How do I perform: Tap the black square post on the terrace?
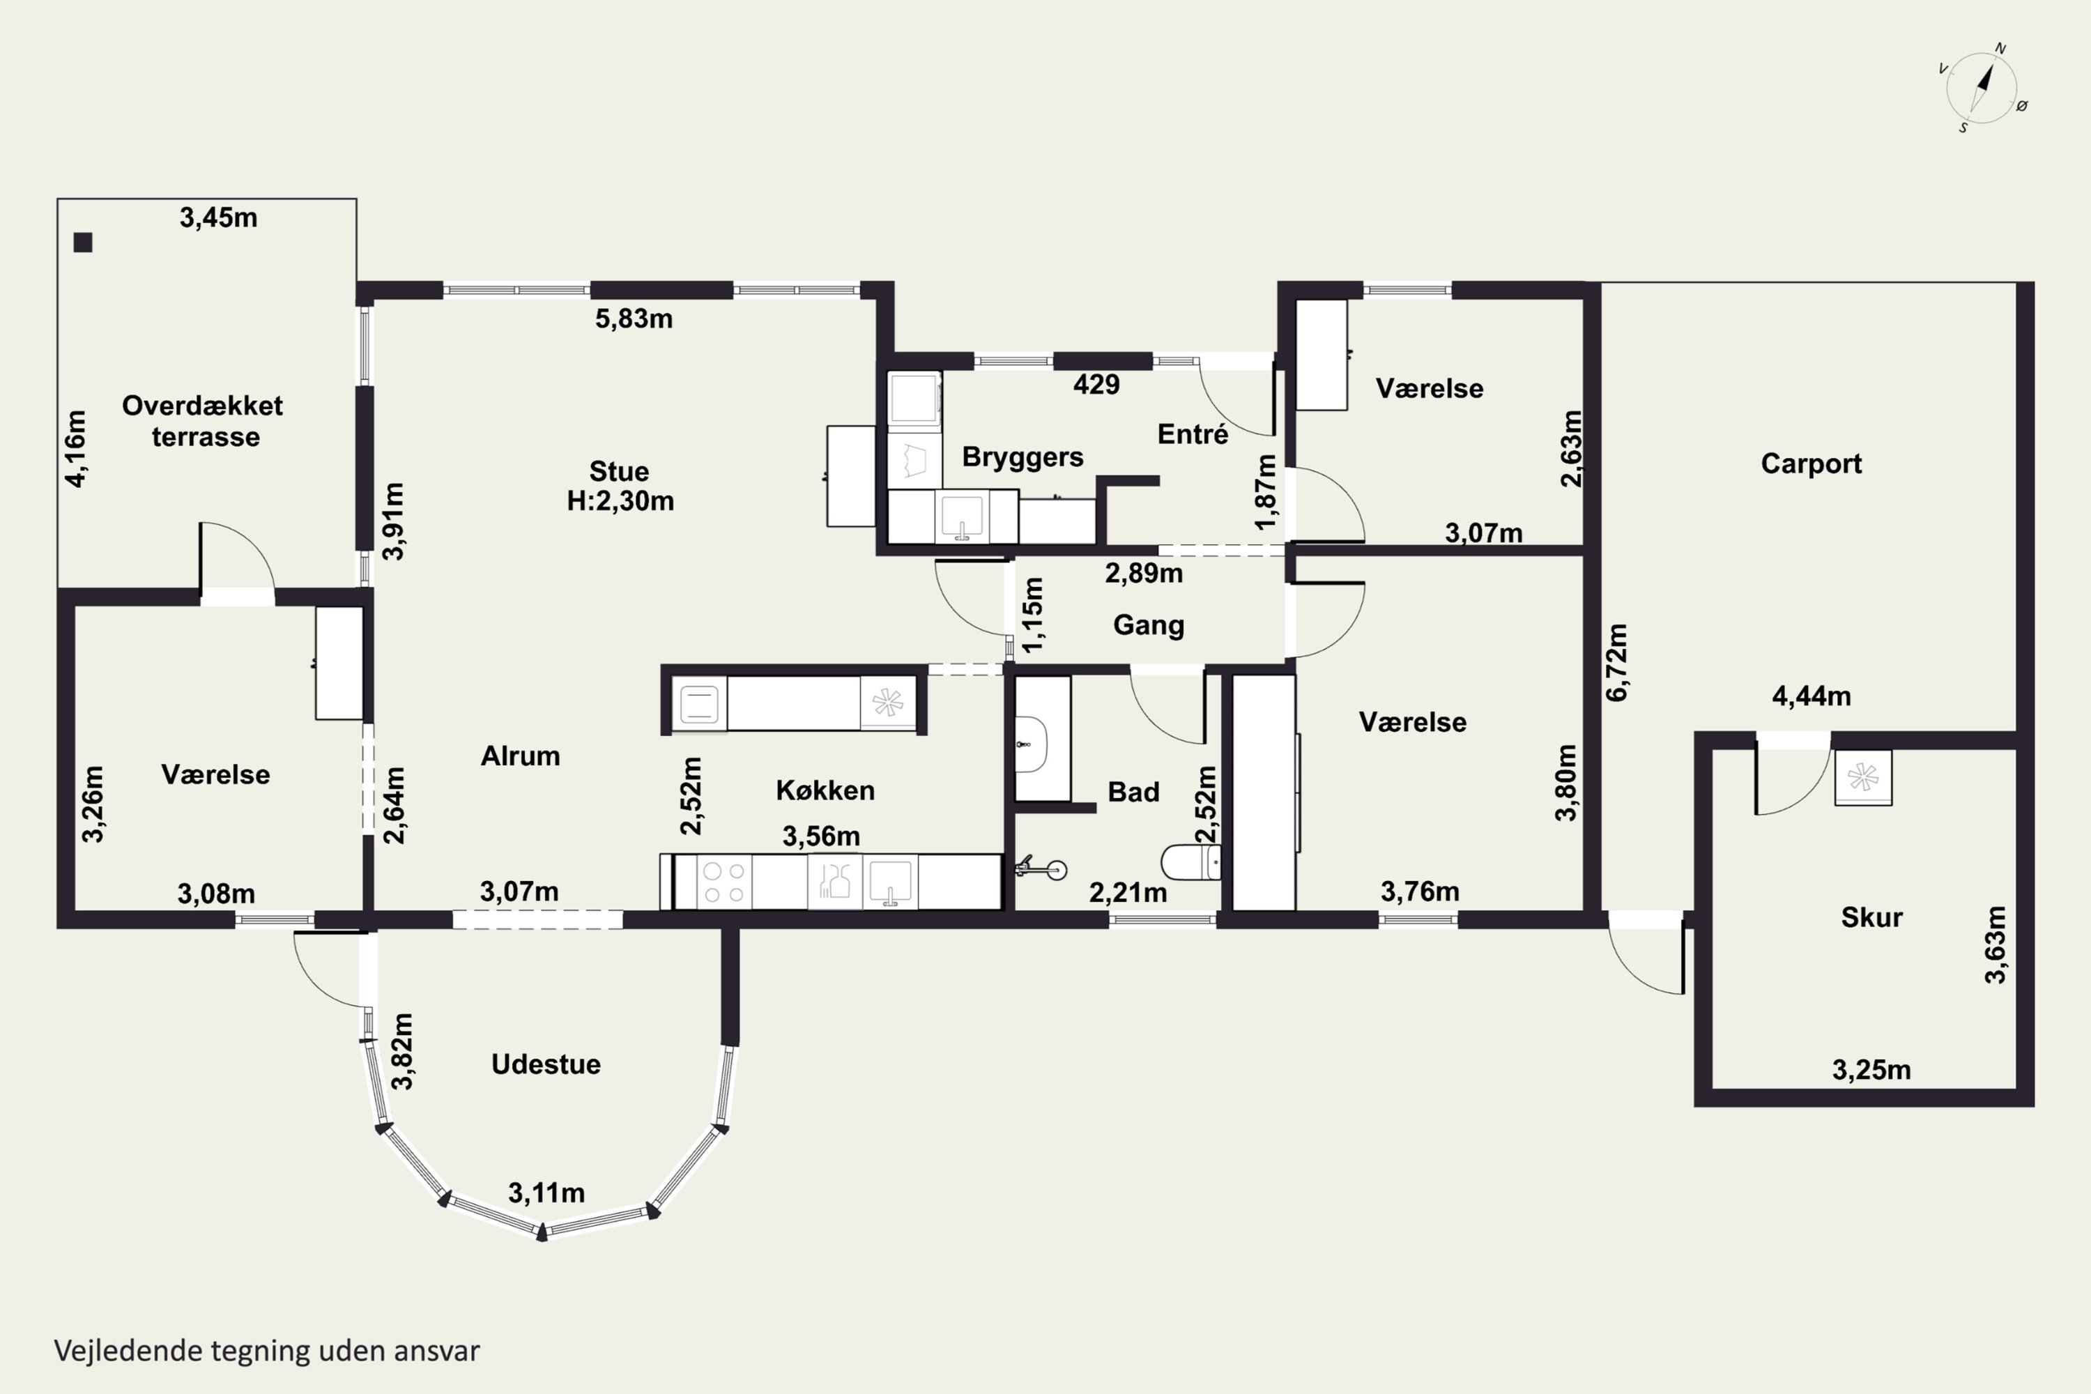coord(83,242)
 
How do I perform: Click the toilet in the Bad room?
coord(1191,861)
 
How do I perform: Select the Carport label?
coord(1811,464)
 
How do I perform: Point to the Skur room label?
coord(1871,917)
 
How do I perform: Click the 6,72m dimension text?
coord(1617,662)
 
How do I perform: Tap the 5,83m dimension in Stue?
coord(634,319)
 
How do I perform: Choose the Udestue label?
coord(546,1064)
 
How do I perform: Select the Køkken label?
coord(825,790)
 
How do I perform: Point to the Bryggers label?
coord(1022,458)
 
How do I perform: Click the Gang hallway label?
coord(1149,626)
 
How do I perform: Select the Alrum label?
coord(520,756)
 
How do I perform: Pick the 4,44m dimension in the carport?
coord(1812,696)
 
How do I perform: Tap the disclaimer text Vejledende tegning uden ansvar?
coord(267,1351)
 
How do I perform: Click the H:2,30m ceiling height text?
coord(620,501)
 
